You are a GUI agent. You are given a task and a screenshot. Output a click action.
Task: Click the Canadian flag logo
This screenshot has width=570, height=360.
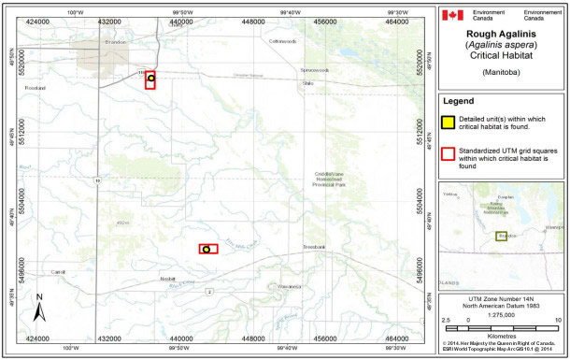click(x=451, y=15)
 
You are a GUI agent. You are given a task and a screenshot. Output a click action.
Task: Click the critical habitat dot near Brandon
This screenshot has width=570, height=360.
click(x=150, y=79)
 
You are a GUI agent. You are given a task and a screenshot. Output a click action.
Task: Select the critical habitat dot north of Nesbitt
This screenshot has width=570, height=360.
click(x=207, y=249)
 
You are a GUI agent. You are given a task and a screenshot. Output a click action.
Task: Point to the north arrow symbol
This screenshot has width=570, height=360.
click(x=40, y=308)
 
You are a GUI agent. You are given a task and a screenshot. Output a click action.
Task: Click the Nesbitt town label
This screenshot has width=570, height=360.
click(x=167, y=279)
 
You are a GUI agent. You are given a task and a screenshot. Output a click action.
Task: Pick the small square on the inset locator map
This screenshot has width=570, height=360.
click(x=501, y=237)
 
